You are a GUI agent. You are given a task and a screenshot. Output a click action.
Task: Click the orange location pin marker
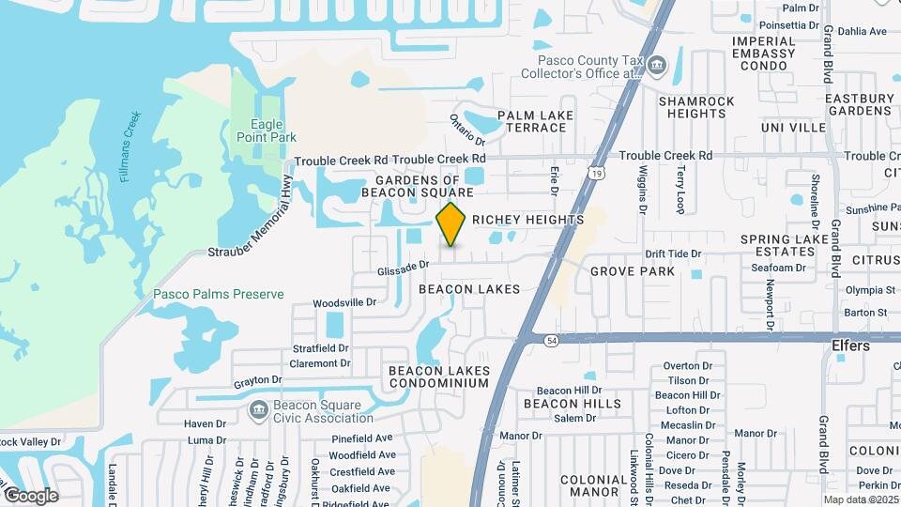(451, 223)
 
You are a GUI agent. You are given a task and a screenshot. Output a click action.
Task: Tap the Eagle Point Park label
(274, 131)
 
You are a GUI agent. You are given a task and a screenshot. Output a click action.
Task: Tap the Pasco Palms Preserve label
(218, 294)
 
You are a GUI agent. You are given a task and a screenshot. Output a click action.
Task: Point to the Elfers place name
(850, 346)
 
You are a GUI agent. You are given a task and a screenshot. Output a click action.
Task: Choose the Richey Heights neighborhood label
(527, 220)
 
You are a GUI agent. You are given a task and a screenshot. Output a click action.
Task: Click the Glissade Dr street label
(403, 269)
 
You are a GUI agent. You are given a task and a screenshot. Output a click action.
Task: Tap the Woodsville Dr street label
(344, 302)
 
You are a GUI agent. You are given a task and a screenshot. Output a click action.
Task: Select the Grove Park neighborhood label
(633, 271)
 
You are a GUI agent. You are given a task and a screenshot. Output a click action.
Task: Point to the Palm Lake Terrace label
(535, 121)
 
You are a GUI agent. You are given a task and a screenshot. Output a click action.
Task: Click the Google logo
(31, 495)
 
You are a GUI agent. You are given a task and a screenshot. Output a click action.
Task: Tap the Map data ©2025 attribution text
(862, 499)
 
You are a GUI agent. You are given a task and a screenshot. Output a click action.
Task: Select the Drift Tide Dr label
(673, 254)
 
